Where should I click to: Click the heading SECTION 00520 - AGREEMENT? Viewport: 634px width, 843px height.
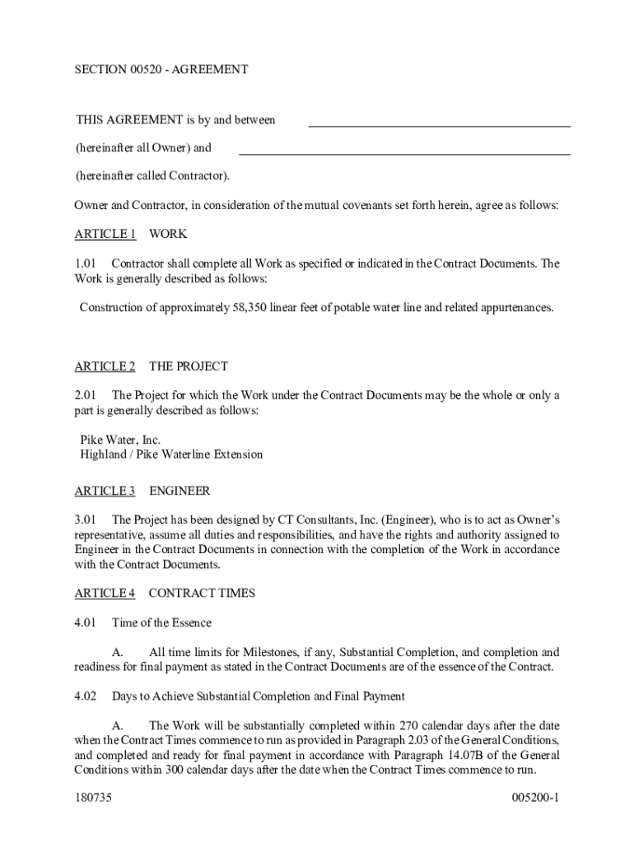[161, 70]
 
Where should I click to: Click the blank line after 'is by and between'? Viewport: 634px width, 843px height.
[439, 125]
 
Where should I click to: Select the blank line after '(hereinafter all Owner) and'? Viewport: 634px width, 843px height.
[404, 153]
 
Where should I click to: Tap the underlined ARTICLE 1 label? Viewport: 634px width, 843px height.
[105, 234]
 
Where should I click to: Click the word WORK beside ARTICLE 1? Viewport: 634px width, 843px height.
[168, 234]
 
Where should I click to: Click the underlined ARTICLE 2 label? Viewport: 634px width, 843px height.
[105, 366]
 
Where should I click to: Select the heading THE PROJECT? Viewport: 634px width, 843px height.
[189, 366]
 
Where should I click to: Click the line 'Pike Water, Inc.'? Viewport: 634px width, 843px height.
[120, 440]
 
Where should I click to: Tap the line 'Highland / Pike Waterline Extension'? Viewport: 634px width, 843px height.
[171, 454]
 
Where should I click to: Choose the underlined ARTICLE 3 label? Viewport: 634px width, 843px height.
[105, 491]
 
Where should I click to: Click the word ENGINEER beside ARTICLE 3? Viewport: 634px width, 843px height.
[179, 491]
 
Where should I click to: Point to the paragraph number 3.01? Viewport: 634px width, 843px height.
[86, 519]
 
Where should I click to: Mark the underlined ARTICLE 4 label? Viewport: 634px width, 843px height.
[105, 593]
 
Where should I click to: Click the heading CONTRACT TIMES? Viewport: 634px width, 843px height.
[202, 593]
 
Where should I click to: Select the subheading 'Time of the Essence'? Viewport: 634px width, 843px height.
[161, 622]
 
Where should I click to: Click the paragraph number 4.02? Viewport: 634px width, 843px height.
[86, 696]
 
